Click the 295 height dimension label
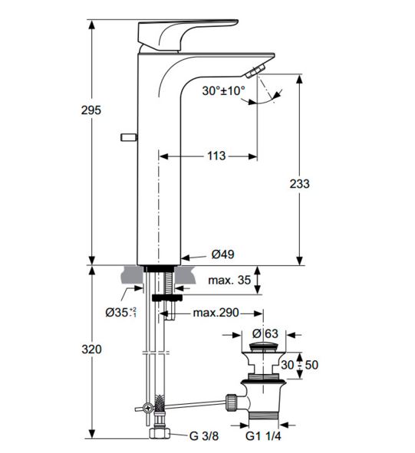pos(91,110)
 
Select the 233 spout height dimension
pos(300,183)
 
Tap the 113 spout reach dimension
pos(216,156)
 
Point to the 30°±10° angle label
pos(223,90)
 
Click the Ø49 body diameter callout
pos(222,254)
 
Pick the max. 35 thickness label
pos(229,280)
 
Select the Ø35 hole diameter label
pos(120,312)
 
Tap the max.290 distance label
pos(216,312)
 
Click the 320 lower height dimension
pos(91,350)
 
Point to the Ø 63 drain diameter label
pos(265,333)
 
